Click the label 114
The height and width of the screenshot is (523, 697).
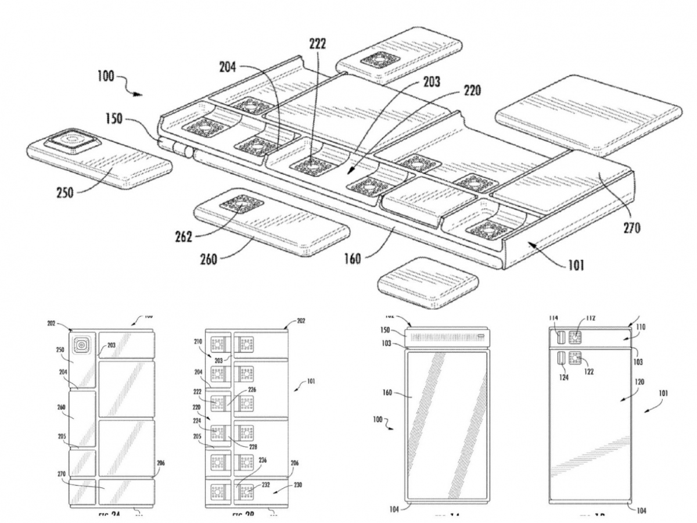(x=555, y=318)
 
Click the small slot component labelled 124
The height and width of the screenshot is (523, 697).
(x=562, y=359)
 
